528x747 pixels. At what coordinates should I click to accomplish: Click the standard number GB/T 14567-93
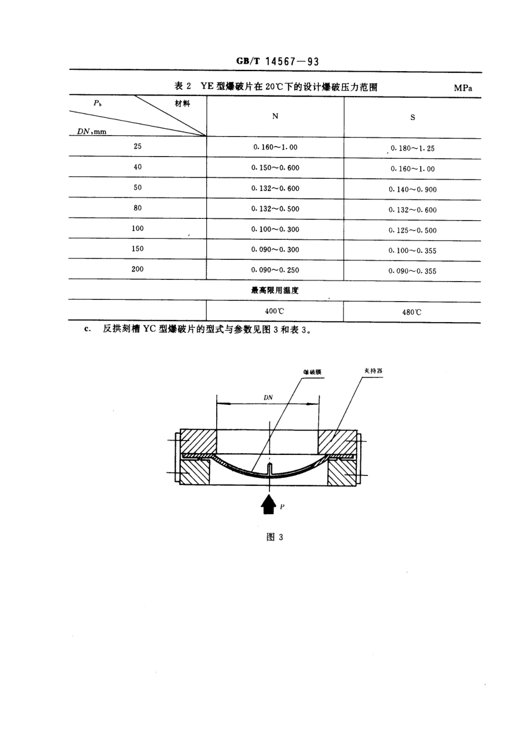(277, 61)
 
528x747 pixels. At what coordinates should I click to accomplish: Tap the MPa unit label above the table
(462, 88)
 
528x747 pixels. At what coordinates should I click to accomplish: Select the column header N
(275, 116)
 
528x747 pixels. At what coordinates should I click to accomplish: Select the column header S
(412, 117)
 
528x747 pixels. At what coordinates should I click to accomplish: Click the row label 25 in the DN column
(137, 147)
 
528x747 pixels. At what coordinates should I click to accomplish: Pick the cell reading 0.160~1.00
(275, 147)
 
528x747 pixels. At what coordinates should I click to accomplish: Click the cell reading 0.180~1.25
(412, 148)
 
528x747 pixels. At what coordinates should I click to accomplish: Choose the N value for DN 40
(275, 168)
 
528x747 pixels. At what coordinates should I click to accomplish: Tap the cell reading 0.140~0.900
(412, 189)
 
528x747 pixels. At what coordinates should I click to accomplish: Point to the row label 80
(137, 208)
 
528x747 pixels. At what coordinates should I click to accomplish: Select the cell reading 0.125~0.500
(412, 230)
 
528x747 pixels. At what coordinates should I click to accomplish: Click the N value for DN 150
(275, 250)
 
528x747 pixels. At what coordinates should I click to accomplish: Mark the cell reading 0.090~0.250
(275, 270)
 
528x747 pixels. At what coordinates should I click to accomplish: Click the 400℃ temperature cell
(275, 312)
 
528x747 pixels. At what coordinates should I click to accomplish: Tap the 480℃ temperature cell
(412, 312)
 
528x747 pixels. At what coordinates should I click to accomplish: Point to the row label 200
(137, 269)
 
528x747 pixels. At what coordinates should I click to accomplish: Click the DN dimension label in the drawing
(268, 398)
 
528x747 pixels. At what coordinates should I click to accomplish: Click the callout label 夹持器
(373, 370)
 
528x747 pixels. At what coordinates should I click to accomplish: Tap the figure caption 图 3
(275, 537)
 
